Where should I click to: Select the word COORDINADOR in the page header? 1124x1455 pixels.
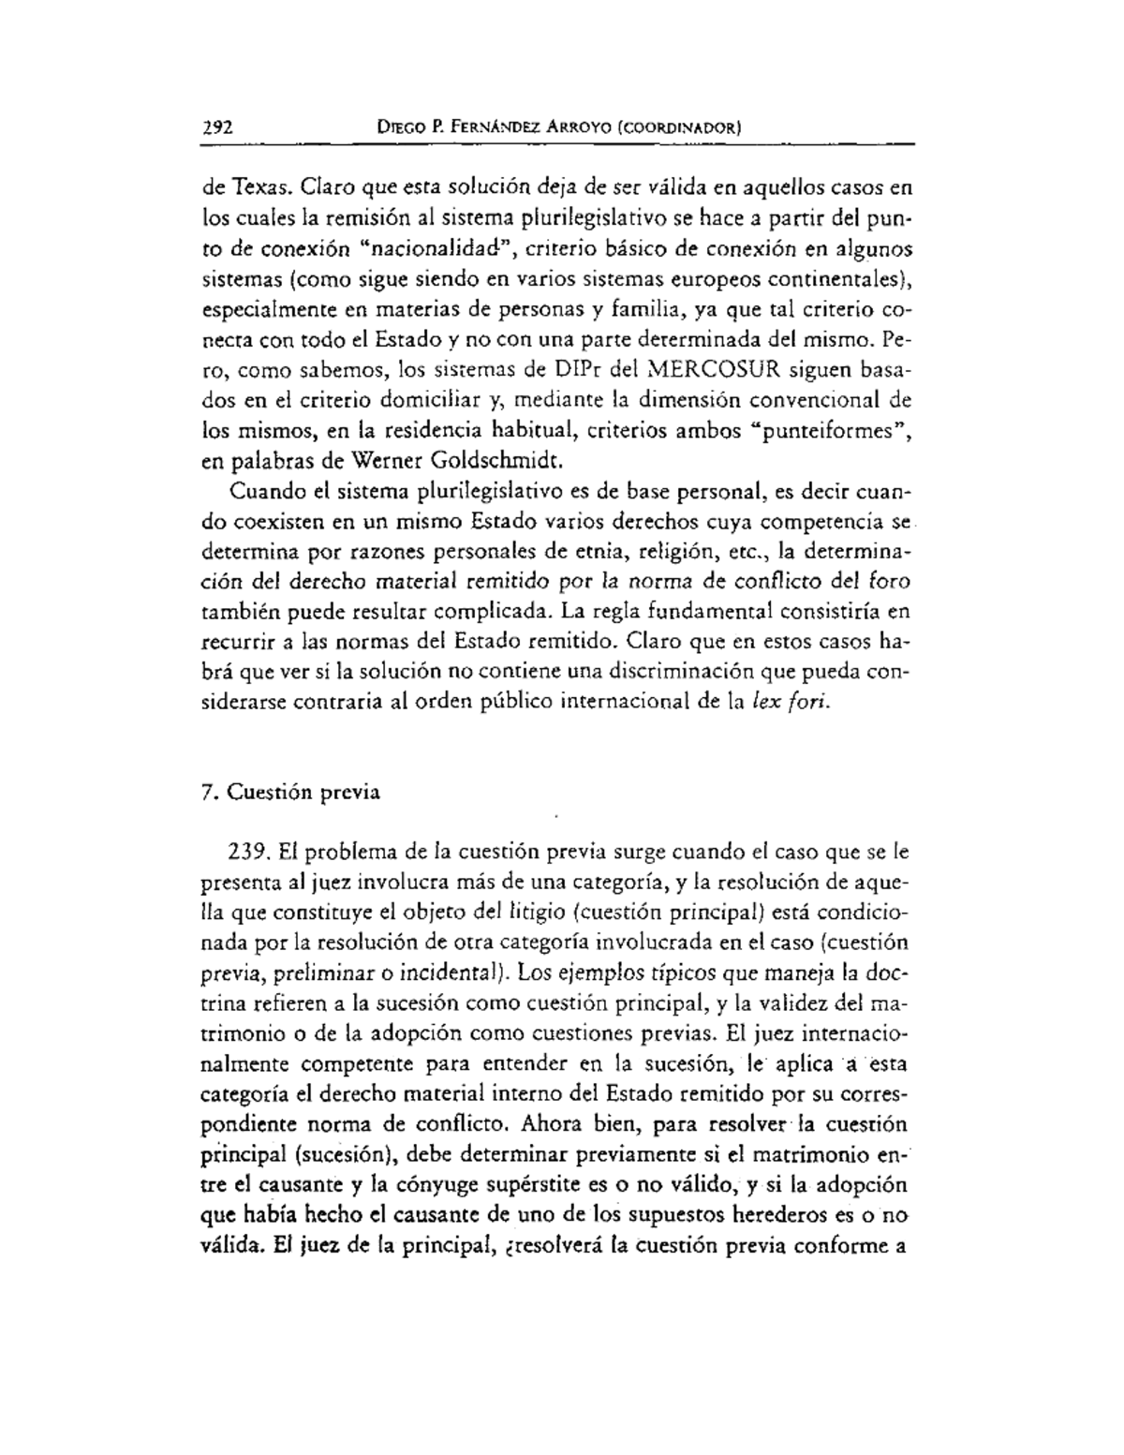point(677,128)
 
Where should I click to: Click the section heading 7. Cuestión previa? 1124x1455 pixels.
point(290,792)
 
